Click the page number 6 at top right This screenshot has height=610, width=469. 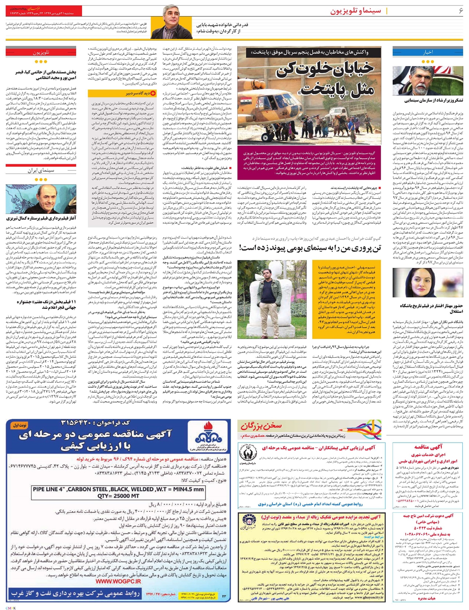(x=460, y=11)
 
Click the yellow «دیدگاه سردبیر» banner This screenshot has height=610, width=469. (x=122, y=93)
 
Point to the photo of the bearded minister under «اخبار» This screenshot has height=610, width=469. (x=416, y=80)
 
